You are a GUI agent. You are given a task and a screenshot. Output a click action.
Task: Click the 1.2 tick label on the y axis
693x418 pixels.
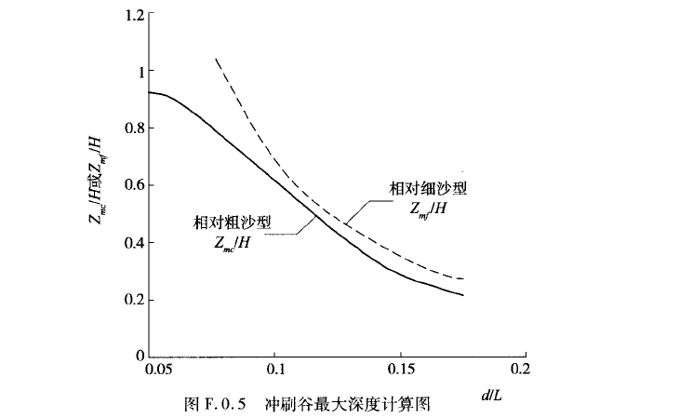pyautogui.click(x=134, y=15)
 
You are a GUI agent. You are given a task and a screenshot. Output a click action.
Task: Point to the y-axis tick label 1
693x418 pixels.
pyautogui.click(x=140, y=72)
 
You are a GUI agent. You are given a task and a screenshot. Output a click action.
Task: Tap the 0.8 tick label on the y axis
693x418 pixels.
pyautogui.click(x=134, y=129)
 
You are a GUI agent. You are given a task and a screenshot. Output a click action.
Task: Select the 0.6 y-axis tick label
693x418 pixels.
pyautogui.click(x=134, y=186)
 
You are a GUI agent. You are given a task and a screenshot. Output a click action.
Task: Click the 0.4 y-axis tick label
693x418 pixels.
pyautogui.click(x=134, y=243)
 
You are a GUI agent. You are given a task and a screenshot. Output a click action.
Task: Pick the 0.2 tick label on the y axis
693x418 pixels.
pyautogui.click(x=134, y=300)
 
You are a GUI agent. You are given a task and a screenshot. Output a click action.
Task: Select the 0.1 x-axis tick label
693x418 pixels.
pyautogui.click(x=274, y=371)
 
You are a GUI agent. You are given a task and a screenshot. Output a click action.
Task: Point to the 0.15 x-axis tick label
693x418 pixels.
pyautogui.click(x=400, y=371)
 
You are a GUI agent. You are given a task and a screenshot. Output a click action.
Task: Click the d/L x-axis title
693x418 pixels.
pyautogui.click(x=494, y=397)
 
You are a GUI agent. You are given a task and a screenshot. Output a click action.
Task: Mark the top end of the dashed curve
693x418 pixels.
pyautogui.click(x=216, y=59)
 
